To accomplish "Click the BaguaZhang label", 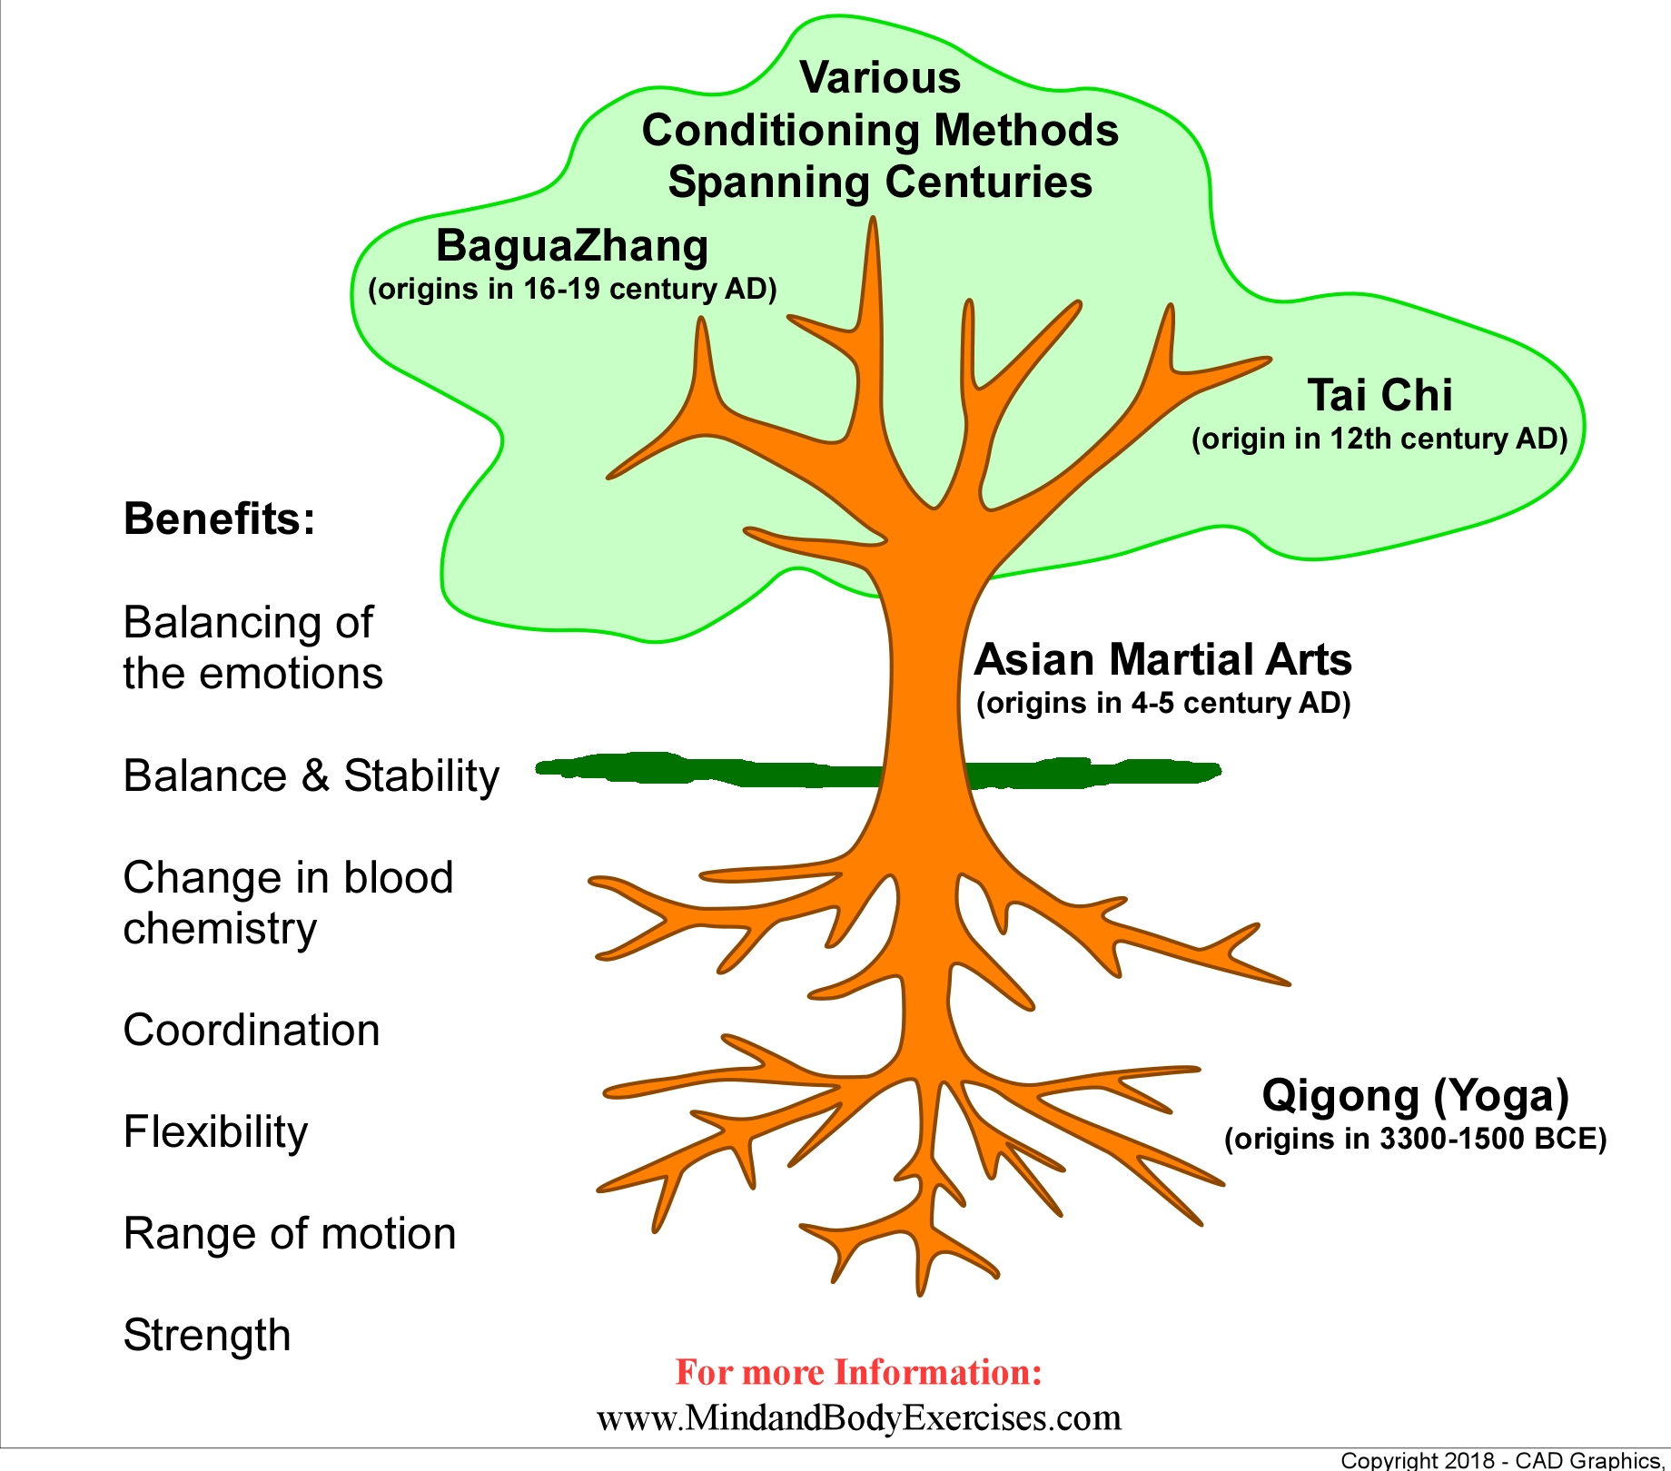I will [x=571, y=247].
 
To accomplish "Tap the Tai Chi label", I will [x=1379, y=396].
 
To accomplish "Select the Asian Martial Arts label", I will [x=1162, y=660].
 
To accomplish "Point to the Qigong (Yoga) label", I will [x=1415, y=1095].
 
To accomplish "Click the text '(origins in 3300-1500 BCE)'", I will [x=1415, y=1139].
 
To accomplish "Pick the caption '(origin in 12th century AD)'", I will [x=1379, y=439].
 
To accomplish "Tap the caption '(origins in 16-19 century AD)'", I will [x=572, y=290].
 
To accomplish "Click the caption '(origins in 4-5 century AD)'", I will [x=1163, y=704].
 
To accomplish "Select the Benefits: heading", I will [x=219, y=519].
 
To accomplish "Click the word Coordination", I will [x=252, y=1031].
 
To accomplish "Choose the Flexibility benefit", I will [x=215, y=1132].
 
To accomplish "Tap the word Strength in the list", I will [x=207, y=1336].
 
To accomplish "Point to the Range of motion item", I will [x=289, y=1234].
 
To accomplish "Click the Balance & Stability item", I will [x=311, y=776].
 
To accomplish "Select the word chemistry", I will [x=220, y=929].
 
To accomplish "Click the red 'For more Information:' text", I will [x=858, y=1372].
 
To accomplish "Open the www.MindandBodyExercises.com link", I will [x=858, y=1417].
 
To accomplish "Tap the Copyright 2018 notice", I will [x=1503, y=1460].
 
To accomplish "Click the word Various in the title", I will [x=880, y=78].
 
